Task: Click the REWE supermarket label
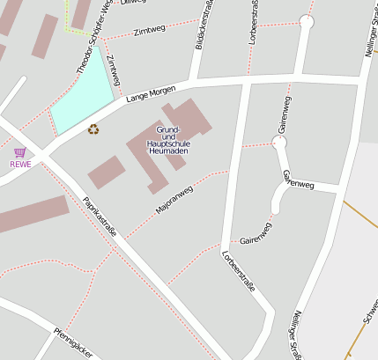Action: tap(19, 164)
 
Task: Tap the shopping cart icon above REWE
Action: tap(19, 152)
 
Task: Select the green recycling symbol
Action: tap(93, 129)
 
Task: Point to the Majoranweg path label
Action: tap(174, 199)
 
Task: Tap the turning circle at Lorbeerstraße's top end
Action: tap(306, 21)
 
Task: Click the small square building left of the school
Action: tap(107, 171)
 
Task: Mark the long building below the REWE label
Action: tap(31, 215)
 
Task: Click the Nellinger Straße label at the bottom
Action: tap(297, 334)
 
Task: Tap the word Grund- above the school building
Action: tap(167, 130)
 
